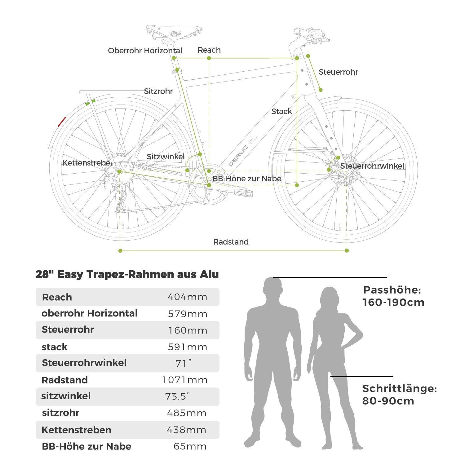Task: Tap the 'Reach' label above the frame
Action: point(209,50)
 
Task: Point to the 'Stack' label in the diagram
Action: point(281,111)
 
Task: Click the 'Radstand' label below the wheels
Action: point(231,242)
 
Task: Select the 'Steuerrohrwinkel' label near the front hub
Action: point(372,166)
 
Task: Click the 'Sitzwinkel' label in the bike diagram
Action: point(166,157)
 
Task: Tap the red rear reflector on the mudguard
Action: point(62,122)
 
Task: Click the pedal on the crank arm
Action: point(243,192)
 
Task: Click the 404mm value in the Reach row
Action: point(187,297)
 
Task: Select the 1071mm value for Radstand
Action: point(185,380)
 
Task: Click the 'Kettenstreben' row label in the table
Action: point(76,430)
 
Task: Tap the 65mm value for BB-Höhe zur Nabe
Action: point(190,446)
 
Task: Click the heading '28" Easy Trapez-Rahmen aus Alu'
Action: point(127,274)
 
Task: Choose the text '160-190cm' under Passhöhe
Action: point(393,302)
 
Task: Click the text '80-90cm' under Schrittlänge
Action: point(388,401)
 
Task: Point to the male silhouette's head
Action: point(273,287)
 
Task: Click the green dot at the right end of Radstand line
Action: point(347,250)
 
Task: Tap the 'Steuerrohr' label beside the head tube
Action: point(338,72)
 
